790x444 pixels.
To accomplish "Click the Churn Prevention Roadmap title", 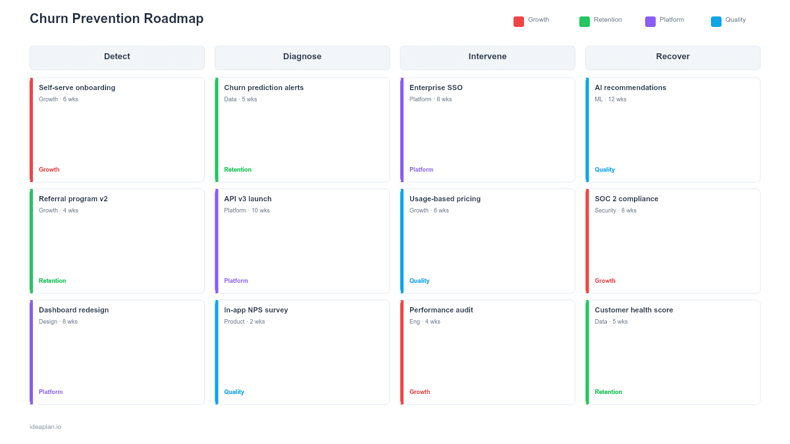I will (117, 19).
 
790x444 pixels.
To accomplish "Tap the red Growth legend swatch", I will (519, 22).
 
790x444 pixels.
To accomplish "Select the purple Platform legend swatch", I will (650, 22).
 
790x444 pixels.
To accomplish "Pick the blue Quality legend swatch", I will (716, 22).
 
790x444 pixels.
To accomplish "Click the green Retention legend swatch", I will (585, 22).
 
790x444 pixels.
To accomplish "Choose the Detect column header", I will (117, 57).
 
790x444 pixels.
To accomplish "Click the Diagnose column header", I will (302, 57).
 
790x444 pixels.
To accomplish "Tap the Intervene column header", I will (487, 57).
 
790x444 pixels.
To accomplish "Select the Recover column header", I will (673, 57).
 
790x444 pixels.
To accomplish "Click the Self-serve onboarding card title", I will (77, 87).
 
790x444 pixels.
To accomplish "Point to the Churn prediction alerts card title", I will (264, 87).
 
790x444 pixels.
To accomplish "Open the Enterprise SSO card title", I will (436, 87).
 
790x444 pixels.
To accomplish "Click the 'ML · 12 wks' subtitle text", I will (610, 99).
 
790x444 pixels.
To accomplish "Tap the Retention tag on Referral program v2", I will (52, 281).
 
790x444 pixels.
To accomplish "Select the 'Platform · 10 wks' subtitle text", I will (247, 210).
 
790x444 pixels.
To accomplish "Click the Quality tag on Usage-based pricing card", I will (419, 281).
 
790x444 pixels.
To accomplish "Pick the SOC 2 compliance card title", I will (626, 199).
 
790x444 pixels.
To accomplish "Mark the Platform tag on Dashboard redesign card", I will (51, 392).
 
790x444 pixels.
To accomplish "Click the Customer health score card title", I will (634, 310).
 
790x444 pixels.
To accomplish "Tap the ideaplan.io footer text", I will (45, 427).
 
